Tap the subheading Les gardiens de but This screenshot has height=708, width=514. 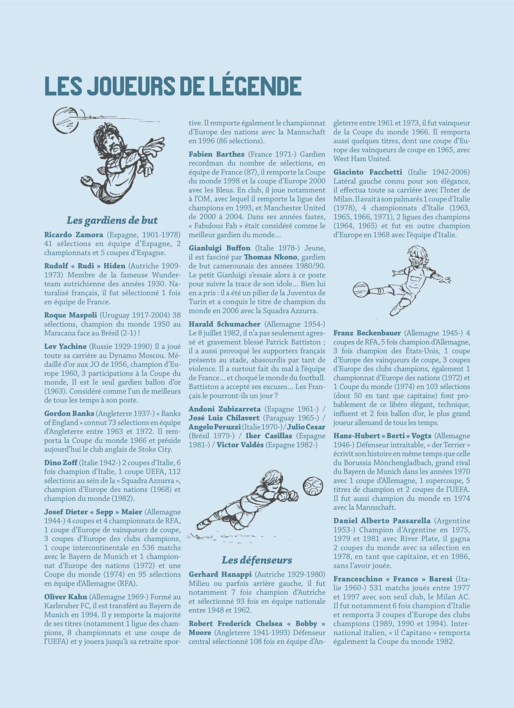(x=112, y=220)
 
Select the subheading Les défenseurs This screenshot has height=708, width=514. (x=257, y=560)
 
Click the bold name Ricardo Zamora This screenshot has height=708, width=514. (x=74, y=235)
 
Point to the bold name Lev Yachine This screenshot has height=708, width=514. (x=65, y=346)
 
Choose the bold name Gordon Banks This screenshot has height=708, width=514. (x=69, y=413)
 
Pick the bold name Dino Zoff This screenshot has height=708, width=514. (x=61, y=462)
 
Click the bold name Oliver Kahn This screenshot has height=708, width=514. (x=66, y=597)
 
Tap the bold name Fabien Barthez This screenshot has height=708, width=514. (x=217, y=154)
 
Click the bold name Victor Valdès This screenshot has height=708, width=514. (x=240, y=445)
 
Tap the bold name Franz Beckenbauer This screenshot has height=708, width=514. (x=367, y=333)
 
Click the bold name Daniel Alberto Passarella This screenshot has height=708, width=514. (x=382, y=521)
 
